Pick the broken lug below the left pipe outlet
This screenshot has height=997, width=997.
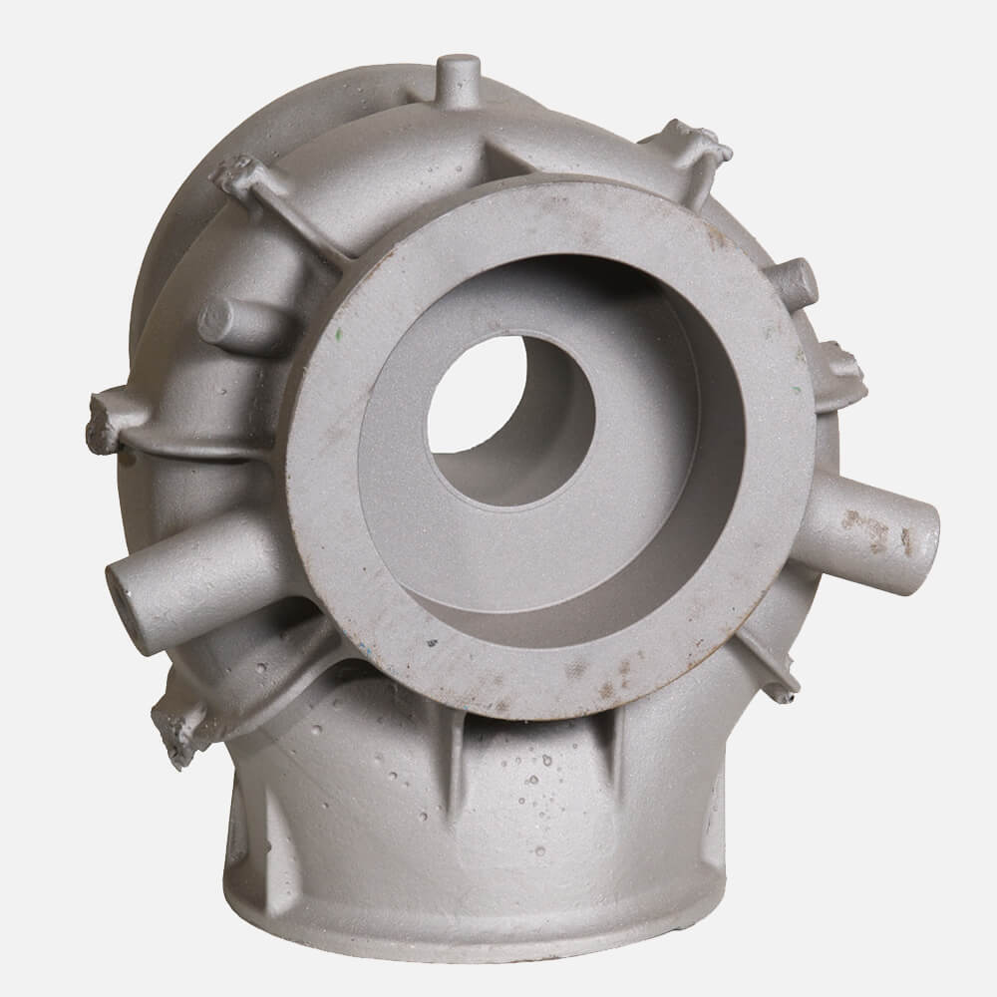pos(179,727)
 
